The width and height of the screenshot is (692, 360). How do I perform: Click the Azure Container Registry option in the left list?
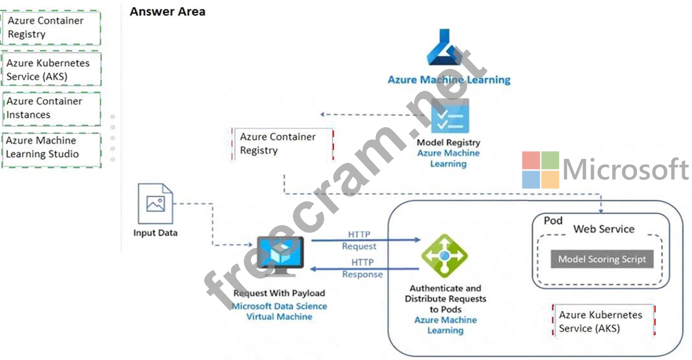(x=51, y=28)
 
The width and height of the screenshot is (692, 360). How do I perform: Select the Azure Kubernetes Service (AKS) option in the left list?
(x=51, y=69)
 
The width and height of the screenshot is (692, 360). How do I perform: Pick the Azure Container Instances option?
(x=51, y=108)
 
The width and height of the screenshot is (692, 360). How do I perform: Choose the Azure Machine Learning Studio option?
(x=51, y=147)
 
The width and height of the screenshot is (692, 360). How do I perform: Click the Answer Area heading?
(x=167, y=12)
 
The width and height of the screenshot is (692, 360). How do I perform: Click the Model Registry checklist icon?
(x=450, y=116)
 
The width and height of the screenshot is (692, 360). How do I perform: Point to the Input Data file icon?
(x=155, y=203)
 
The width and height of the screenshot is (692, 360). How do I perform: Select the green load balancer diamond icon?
(x=444, y=256)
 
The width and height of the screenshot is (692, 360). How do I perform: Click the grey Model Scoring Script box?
(x=602, y=259)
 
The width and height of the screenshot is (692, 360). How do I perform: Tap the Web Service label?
(x=603, y=229)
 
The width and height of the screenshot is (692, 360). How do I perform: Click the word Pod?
(x=553, y=221)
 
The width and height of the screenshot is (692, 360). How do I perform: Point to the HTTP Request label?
(x=359, y=240)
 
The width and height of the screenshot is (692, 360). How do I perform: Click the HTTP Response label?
(x=362, y=268)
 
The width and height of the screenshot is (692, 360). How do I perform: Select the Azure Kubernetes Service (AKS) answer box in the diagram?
(x=603, y=321)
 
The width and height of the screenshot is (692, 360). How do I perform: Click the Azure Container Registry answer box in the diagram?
(x=283, y=144)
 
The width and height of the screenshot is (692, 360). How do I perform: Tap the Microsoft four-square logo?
(x=540, y=170)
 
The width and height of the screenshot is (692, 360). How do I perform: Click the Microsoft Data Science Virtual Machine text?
(x=279, y=311)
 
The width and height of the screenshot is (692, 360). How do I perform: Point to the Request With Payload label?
(x=279, y=293)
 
